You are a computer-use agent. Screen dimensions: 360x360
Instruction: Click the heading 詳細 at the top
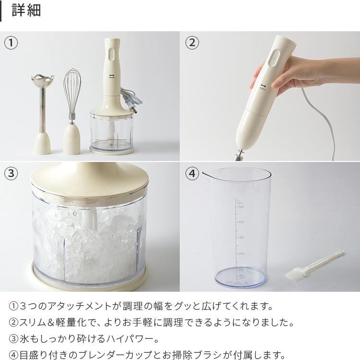pos(26,11)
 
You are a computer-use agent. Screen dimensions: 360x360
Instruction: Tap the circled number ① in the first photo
pos(11,43)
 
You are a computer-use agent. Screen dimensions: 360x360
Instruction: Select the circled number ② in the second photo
pos(192,43)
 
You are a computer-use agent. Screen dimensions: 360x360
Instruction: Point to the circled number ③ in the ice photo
pos(11,173)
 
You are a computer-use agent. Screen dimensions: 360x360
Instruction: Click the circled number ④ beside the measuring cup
pos(192,173)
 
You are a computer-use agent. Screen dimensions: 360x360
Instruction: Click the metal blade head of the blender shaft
pos(43,80)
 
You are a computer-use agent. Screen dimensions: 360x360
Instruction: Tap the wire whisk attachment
pos(72,92)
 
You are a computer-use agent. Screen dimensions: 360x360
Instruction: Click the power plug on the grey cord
pos(133,110)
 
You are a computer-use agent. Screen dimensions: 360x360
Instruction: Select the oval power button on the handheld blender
pos(274,59)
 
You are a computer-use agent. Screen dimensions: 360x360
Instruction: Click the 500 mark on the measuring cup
pos(241,207)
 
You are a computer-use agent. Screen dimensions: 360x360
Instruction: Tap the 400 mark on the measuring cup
pos(241,222)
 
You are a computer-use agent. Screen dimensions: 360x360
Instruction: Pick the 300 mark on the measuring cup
pos(241,237)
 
